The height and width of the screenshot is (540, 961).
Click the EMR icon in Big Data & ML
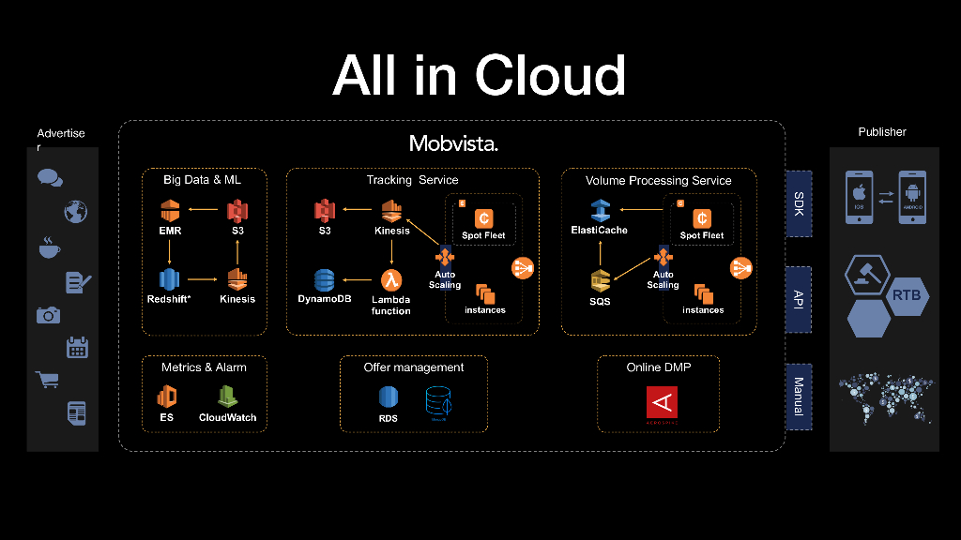(170, 210)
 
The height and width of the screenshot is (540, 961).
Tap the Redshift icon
(169, 278)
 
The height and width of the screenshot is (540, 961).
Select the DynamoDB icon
(324, 279)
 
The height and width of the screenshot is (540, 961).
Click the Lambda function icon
(390, 278)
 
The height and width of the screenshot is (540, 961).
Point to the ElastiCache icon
(600, 210)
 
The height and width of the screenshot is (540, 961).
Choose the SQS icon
(600, 279)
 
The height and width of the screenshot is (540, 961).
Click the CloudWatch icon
(227, 397)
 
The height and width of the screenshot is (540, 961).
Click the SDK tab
(799, 202)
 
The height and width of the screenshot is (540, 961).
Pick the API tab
(799, 299)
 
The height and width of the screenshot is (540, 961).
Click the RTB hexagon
(907, 296)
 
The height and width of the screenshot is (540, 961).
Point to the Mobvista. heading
(453, 143)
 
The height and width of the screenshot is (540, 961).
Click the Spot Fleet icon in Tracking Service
(483, 217)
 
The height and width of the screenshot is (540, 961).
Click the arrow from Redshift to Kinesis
(202, 279)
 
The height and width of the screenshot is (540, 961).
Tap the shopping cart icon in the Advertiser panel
(47, 380)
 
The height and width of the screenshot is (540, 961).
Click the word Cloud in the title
(550, 75)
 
